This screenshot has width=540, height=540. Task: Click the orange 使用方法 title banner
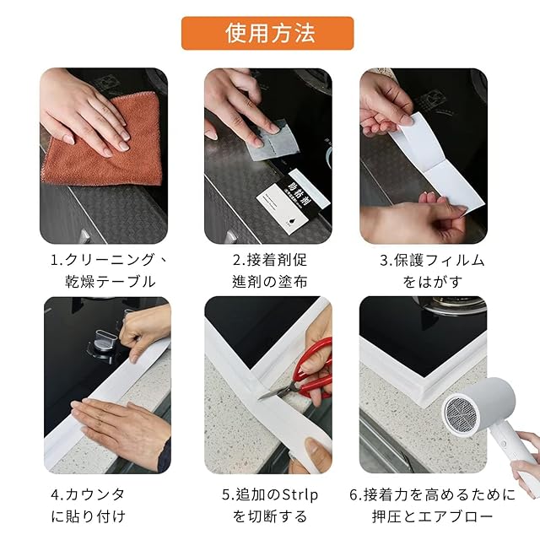point(267,33)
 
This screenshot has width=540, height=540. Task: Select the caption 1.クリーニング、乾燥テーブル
point(110,270)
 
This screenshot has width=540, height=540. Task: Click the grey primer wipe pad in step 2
point(272,140)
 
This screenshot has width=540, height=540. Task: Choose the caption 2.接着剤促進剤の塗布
point(269,270)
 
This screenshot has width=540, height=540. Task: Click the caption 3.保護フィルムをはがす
point(432,270)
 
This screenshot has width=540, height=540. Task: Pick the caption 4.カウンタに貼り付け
point(88,505)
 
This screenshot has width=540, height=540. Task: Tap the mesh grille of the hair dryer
point(461,414)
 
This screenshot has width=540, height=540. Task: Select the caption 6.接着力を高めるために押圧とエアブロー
point(432,505)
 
